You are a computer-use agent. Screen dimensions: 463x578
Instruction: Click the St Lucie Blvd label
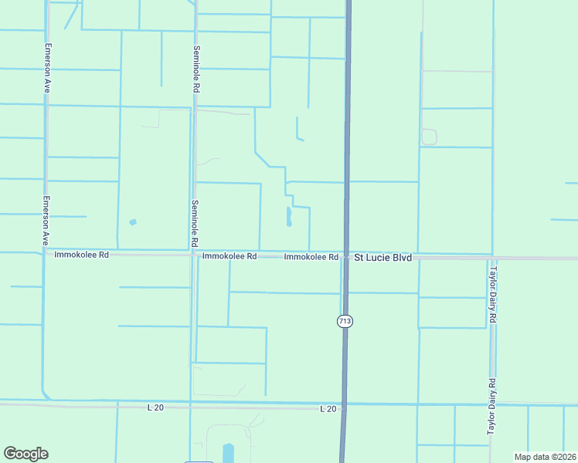(382, 257)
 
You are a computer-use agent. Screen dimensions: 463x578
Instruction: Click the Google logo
(25, 454)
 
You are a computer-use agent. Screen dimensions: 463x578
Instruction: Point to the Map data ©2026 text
(545, 457)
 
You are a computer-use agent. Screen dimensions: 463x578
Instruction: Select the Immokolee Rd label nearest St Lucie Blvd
(311, 257)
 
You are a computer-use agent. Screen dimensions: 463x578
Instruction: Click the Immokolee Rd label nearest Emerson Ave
(82, 254)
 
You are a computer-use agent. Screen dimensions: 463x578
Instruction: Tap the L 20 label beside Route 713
(328, 408)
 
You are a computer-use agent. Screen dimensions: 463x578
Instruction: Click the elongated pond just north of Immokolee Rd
(289, 217)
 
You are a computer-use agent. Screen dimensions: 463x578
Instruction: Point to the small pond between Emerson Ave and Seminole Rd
(133, 222)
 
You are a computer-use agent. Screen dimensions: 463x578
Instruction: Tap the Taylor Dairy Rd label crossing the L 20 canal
(491, 407)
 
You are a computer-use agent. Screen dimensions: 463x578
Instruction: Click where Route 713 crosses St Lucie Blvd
(346, 256)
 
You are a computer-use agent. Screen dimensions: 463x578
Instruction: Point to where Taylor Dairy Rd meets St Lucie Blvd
(491, 258)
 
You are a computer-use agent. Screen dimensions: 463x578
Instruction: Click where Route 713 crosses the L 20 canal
(344, 404)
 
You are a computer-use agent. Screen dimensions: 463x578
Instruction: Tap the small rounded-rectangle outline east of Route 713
(429, 137)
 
